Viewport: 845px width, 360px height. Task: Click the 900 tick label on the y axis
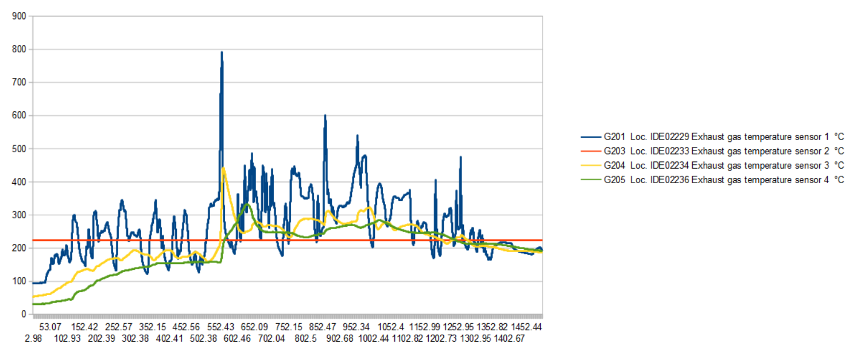19,16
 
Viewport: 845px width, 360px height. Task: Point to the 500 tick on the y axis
19,149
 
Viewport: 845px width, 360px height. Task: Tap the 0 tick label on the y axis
24,314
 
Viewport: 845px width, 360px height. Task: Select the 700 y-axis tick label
19,83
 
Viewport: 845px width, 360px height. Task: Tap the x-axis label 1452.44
526,327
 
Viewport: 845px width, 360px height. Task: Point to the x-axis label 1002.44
373,339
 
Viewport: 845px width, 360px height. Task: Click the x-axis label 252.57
119,327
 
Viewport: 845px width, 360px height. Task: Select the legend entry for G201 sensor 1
712,137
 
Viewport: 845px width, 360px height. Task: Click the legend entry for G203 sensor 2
712,152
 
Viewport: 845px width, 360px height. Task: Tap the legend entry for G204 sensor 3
712,166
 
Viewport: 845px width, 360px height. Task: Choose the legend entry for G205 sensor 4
712,180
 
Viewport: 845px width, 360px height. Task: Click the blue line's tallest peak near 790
222,52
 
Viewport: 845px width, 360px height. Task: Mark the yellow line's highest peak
223,168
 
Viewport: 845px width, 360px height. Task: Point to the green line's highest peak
247,204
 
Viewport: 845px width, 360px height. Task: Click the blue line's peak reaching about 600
325,115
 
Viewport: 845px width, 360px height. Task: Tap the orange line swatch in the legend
591,152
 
